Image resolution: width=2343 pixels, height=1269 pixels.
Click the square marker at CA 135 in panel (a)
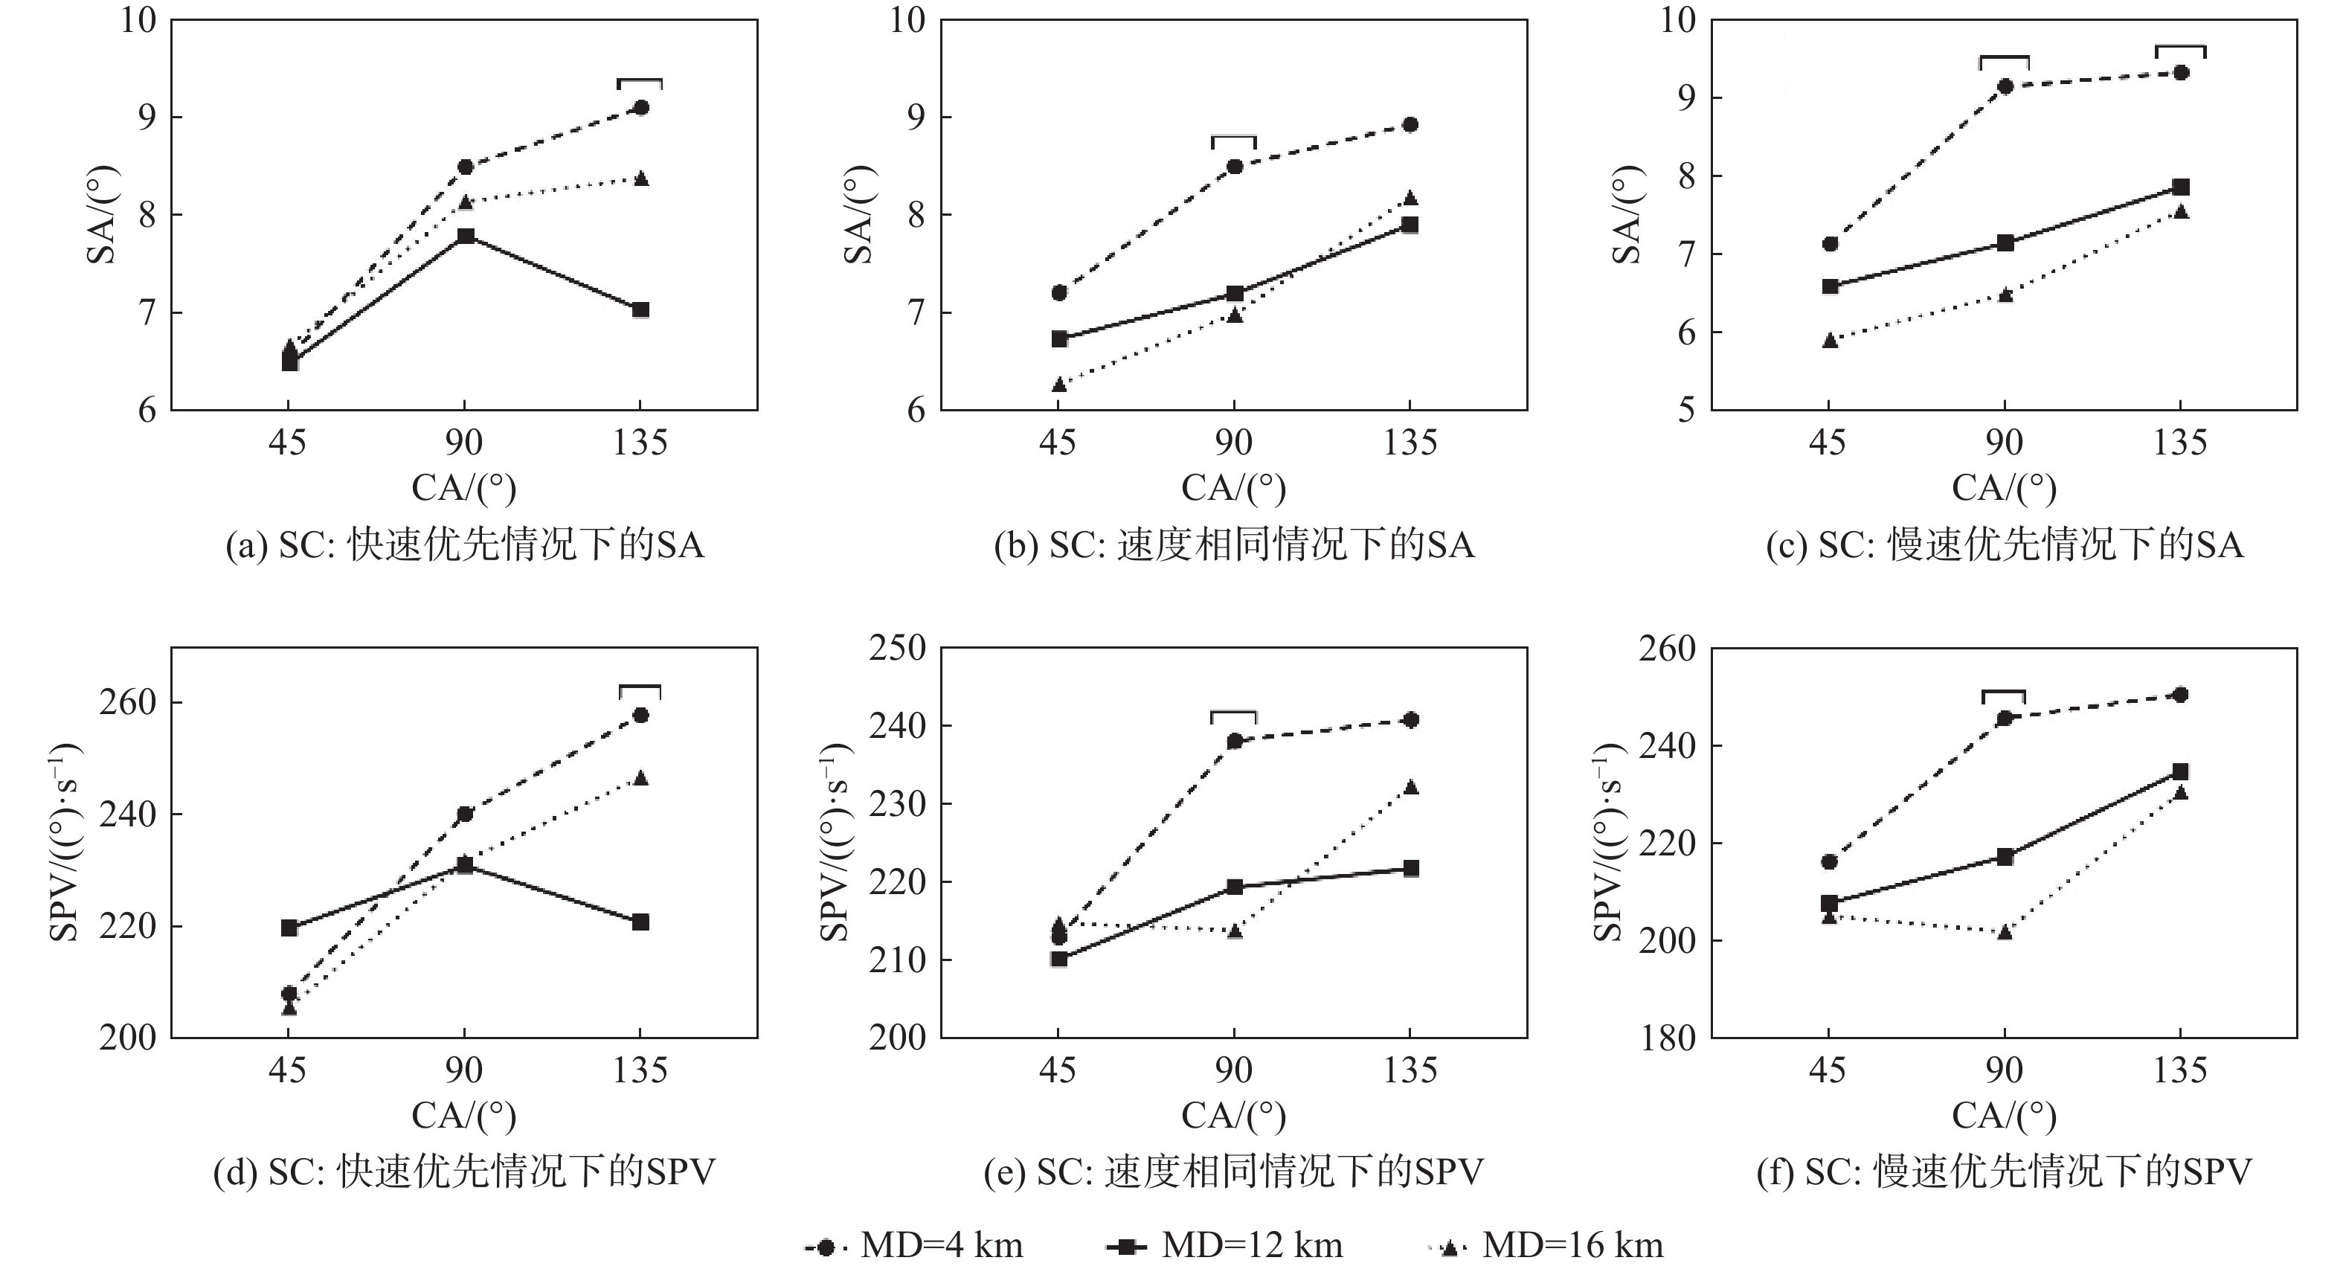tap(640, 310)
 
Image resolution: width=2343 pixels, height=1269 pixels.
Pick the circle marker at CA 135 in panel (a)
tap(640, 107)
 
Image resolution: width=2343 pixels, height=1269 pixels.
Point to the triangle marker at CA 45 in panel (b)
tap(1058, 385)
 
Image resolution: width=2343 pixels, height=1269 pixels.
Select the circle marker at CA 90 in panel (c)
tap(2005, 86)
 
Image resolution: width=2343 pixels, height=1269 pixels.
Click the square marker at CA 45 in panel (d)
tap(289, 928)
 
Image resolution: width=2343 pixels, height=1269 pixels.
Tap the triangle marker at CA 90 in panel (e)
tap(1234, 931)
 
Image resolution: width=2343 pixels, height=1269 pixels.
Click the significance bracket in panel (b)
tap(1233, 139)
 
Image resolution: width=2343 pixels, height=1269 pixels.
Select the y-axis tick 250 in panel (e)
tap(897, 648)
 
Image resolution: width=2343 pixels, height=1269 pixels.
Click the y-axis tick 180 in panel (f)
tap(1667, 1038)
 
